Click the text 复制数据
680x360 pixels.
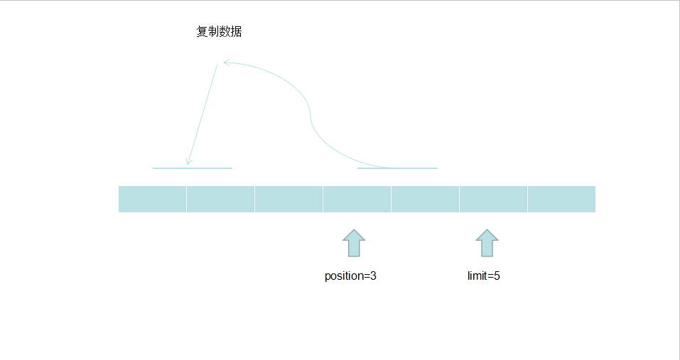[x=220, y=32]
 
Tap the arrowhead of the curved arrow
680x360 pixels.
[x=225, y=62]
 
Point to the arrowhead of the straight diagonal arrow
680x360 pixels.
[x=188, y=163]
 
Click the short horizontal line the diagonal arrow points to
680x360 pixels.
[x=193, y=168]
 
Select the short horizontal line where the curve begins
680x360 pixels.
[x=397, y=168]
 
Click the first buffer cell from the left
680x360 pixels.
[x=152, y=199]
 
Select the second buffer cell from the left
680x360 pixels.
[x=220, y=199]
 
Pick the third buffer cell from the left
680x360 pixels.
[x=288, y=199]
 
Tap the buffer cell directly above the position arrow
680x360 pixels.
[x=357, y=199]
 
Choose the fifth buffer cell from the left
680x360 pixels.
[x=425, y=199]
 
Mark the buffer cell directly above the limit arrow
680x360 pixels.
[x=493, y=199]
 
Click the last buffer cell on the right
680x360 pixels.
[x=561, y=199]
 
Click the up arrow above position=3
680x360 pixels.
[x=354, y=243]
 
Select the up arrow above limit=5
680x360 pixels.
[x=487, y=243]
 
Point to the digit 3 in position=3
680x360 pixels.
[x=373, y=276]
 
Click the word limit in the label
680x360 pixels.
[x=477, y=276]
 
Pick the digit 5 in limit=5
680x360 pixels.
[x=497, y=276]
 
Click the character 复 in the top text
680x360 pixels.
[x=203, y=32]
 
